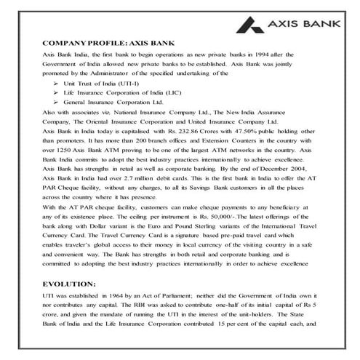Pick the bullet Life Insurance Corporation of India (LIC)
click(x=121, y=94)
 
